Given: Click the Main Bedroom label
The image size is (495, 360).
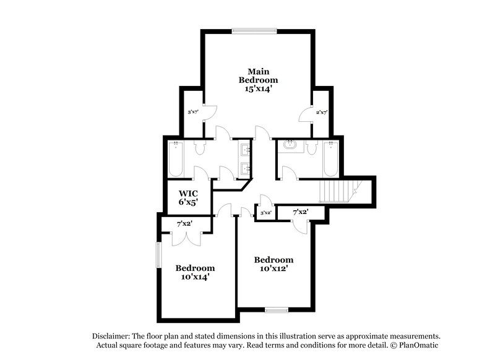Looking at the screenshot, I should (x=259, y=80).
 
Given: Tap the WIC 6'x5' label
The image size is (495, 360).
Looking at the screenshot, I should (x=188, y=197).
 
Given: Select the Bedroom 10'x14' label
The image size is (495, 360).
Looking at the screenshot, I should (x=195, y=272).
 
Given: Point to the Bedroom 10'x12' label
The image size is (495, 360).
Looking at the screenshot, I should (x=273, y=264).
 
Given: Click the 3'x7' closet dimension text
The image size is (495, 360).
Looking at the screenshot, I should (x=193, y=112).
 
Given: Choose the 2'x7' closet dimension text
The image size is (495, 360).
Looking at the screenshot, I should (x=321, y=112).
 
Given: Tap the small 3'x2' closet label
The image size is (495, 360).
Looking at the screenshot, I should (x=266, y=213).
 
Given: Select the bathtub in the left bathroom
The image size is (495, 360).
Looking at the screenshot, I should (x=175, y=160).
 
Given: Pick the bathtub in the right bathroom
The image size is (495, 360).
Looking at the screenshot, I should (x=330, y=160).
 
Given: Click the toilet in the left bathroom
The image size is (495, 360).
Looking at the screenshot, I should (x=200, y=147).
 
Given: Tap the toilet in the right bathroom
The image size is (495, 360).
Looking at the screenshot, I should (x=311, y=147).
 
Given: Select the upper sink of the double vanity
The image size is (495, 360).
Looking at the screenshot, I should (x=244, y=149).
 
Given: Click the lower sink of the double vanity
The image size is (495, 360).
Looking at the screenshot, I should (x=244, y=167).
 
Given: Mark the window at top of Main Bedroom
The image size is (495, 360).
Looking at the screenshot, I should (x=254, y=30).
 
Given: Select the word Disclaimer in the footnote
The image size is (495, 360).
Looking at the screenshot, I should (x=112, y=334).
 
